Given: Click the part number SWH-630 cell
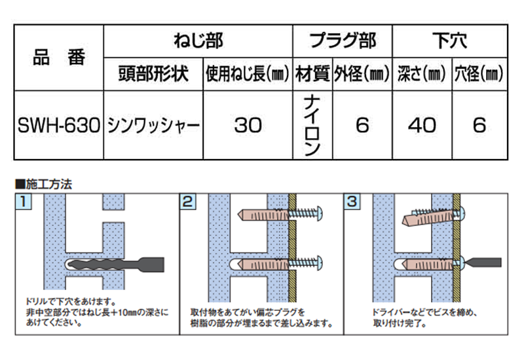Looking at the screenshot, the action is pos(59,125).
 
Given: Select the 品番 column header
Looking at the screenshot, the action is pos(59,58).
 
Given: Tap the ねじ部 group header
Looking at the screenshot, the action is pos(198,41).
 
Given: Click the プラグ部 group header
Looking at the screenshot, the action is pos(343,41).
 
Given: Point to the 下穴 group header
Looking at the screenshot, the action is pos(450,41).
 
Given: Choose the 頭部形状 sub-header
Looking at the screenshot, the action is pos(153,74).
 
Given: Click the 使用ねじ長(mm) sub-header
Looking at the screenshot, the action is pos(248,74).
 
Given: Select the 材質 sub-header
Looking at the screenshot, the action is pos(313,74).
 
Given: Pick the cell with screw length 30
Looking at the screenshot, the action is pos(248,125).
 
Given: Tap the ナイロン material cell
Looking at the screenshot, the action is pos(312,126).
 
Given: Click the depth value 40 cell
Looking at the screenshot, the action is pos(422,125).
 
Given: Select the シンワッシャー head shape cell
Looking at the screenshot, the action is pos(153,126).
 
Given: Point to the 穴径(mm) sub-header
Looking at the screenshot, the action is pos(479,74).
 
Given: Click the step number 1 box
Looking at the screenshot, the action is pos(24,202).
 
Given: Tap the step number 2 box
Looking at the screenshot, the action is pos(188,202).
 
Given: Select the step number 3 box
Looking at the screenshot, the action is pos(352,202).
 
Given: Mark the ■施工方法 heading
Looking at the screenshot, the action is pos(44,184).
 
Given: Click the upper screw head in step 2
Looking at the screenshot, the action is pos(318,213).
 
